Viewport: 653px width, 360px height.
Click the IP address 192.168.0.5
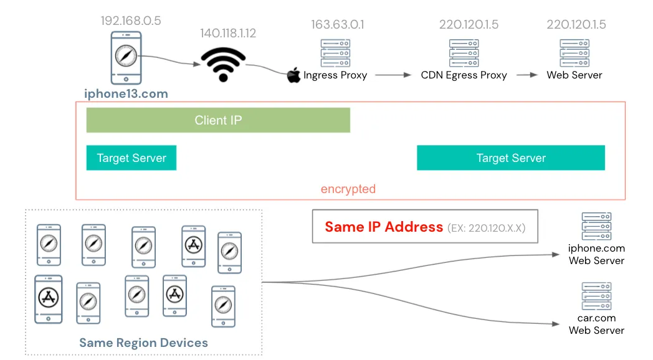click(131, 21)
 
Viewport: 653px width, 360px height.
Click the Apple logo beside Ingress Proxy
click(293, 75)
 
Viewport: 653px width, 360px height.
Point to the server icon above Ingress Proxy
click(335, 53)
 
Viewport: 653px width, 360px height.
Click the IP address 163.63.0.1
click(338, 25)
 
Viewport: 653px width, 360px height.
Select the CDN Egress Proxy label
click(464, 75)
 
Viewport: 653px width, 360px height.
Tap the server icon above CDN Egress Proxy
click(464, 53)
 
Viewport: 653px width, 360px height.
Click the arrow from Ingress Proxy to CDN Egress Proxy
click(393, 75)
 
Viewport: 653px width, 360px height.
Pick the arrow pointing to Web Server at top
click(527, 75)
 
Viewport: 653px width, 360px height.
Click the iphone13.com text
click(126, 94)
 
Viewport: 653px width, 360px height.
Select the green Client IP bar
click(218, 120)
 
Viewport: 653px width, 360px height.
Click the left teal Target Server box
click(131, 158)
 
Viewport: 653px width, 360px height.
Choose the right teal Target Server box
click(510, 158)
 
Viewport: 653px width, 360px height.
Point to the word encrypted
click(348, 189)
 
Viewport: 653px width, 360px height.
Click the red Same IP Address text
click(384, 227)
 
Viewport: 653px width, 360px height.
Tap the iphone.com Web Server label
click(596, 254)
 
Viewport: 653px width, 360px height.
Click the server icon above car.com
click(596, 296)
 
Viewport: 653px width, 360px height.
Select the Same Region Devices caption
click(143, 343)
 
